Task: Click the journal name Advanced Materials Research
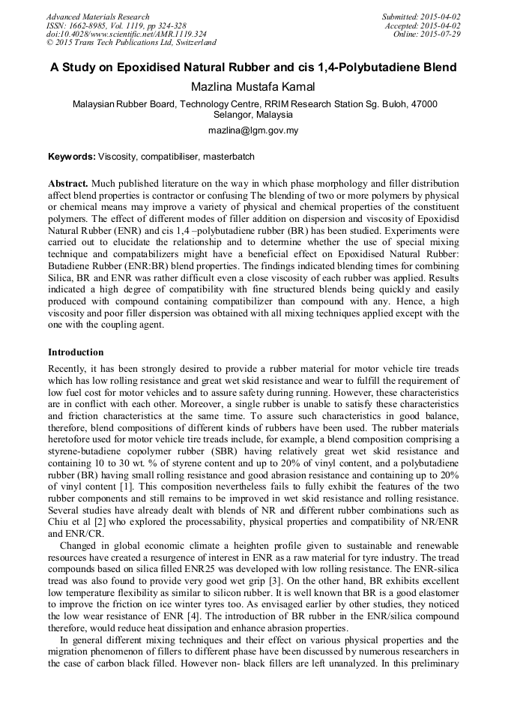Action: pyautogui.click(x=97, y=16)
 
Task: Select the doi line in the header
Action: pyautogui.click(x=126, y=34)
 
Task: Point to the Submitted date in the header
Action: pyautogui.click(x=421, y=16)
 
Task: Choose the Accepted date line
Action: pyautogui.click(x=423, y=25)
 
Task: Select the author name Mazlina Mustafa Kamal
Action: pyautogui.click(x=253, y=88)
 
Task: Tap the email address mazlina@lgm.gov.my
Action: pyautogui.click(x=253, y=130)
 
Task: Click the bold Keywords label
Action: pyautogui.click(x=72, y=157)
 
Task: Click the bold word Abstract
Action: pyautogui.click(x=69, y=184)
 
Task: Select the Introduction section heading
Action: pyautogui.click(x=76, y=352)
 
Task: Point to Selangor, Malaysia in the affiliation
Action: pyautogui.click(x=253, y=115)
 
